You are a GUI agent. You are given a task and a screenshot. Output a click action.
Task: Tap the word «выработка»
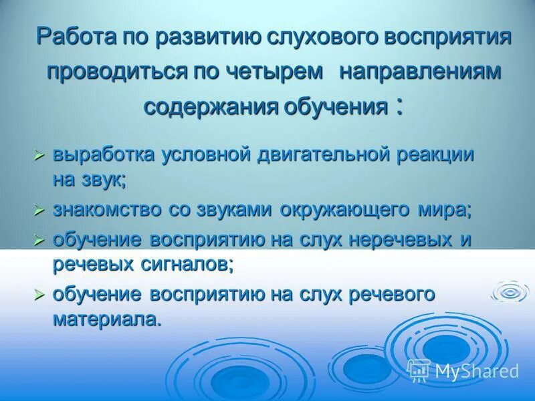point(104,154)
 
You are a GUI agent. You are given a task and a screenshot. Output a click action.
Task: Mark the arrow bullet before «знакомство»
point(39,210)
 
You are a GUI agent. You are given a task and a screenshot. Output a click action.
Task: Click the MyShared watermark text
point(477,371)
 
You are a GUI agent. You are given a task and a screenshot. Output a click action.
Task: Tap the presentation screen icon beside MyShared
point(419,370)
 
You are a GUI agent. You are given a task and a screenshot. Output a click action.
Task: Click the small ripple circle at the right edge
point(511,291)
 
